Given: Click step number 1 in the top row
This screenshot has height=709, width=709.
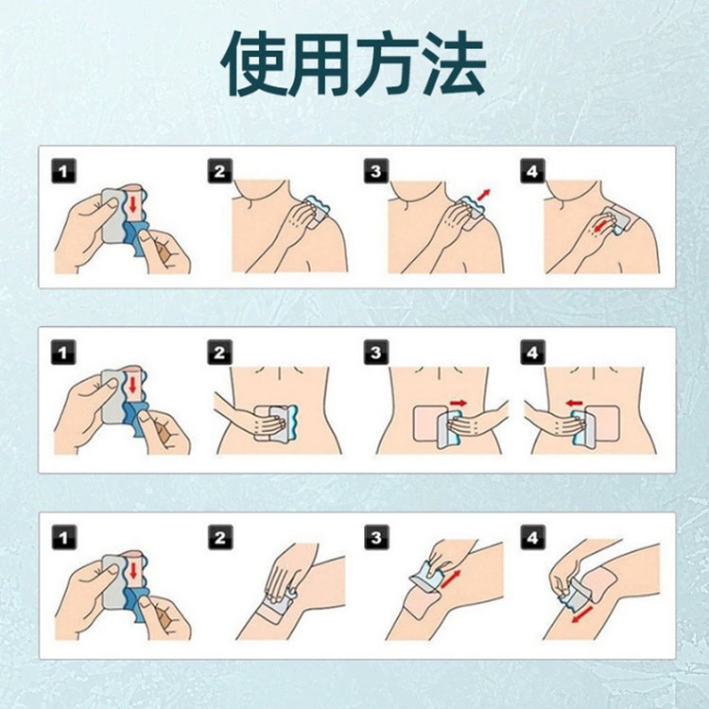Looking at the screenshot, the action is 63,171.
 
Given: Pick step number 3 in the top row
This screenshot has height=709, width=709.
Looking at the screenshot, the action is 376,171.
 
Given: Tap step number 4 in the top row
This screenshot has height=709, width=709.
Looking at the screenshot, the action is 532,171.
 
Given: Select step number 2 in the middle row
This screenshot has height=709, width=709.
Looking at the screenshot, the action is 219,352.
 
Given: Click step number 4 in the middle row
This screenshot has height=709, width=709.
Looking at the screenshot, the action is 532,352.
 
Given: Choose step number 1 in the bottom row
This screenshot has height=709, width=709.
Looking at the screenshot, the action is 63,537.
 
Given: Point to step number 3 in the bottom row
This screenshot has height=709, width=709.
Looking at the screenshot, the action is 376,537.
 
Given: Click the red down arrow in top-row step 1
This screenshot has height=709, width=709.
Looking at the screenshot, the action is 133,204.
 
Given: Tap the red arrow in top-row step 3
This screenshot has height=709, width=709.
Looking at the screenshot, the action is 484,195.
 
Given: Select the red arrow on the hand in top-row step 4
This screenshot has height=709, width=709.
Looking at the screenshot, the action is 601,226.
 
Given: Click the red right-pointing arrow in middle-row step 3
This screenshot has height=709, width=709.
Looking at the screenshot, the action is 458,403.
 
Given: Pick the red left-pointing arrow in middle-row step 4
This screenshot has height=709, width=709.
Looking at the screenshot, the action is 574,403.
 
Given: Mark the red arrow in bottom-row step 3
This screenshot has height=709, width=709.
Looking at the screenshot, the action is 450,579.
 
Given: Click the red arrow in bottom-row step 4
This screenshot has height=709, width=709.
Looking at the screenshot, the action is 582,614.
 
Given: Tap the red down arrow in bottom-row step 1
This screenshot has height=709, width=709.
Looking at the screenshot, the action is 134,571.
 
